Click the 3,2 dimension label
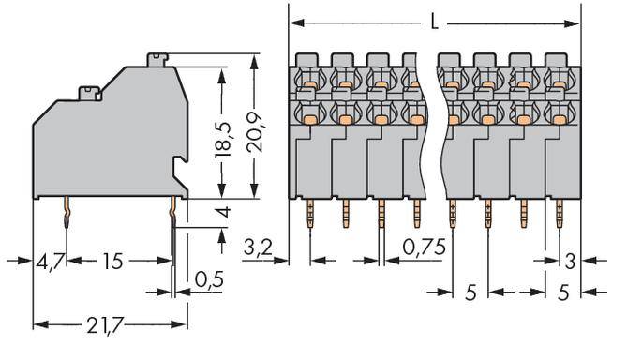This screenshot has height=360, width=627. pyautogui.click(x=258, y=248)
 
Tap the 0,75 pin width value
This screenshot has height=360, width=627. pyautogui.click(x=425, y=248)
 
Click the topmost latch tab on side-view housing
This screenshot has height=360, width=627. pyautogui.click(x=157, y=60)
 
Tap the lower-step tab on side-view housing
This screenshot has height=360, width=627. pyautogui.click(x=90, y=92)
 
